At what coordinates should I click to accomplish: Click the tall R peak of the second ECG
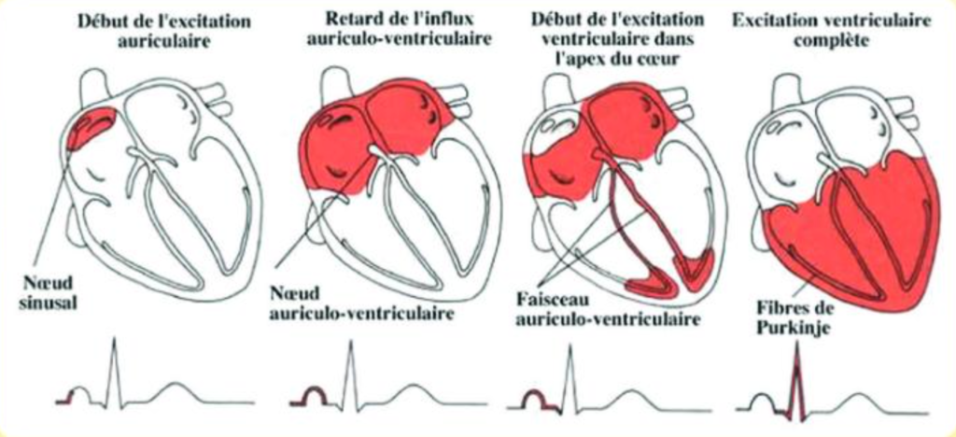pyautogui.click(x=350, y=344)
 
